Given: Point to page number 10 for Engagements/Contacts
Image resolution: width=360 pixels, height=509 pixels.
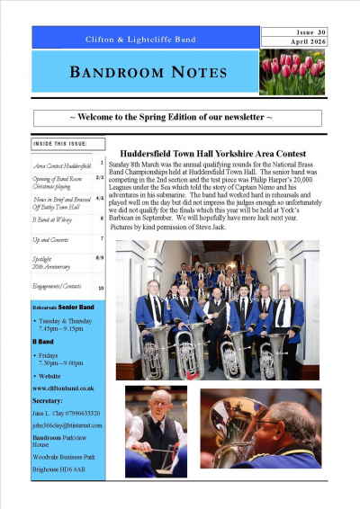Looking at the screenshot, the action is pos(101,288).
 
